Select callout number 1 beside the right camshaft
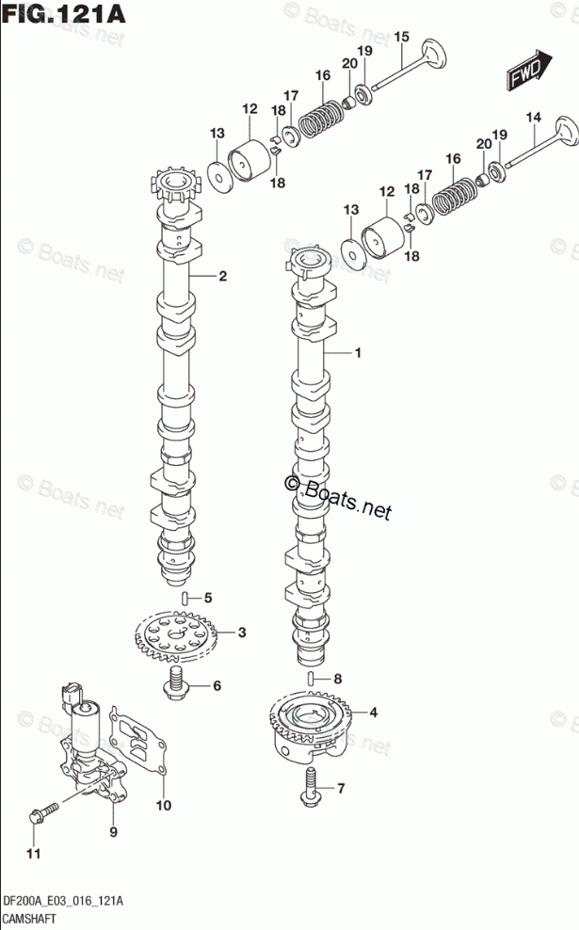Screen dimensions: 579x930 coord(358,353)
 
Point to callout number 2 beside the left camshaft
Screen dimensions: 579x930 coord(223,277)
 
